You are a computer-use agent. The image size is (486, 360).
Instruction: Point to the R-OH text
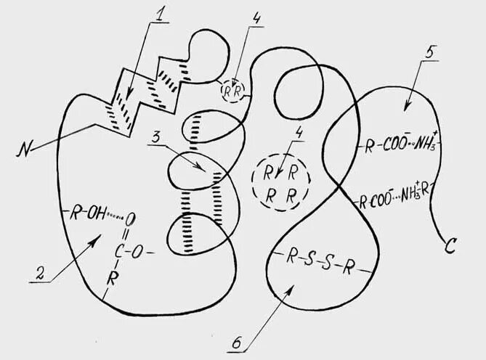point(85,213)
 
